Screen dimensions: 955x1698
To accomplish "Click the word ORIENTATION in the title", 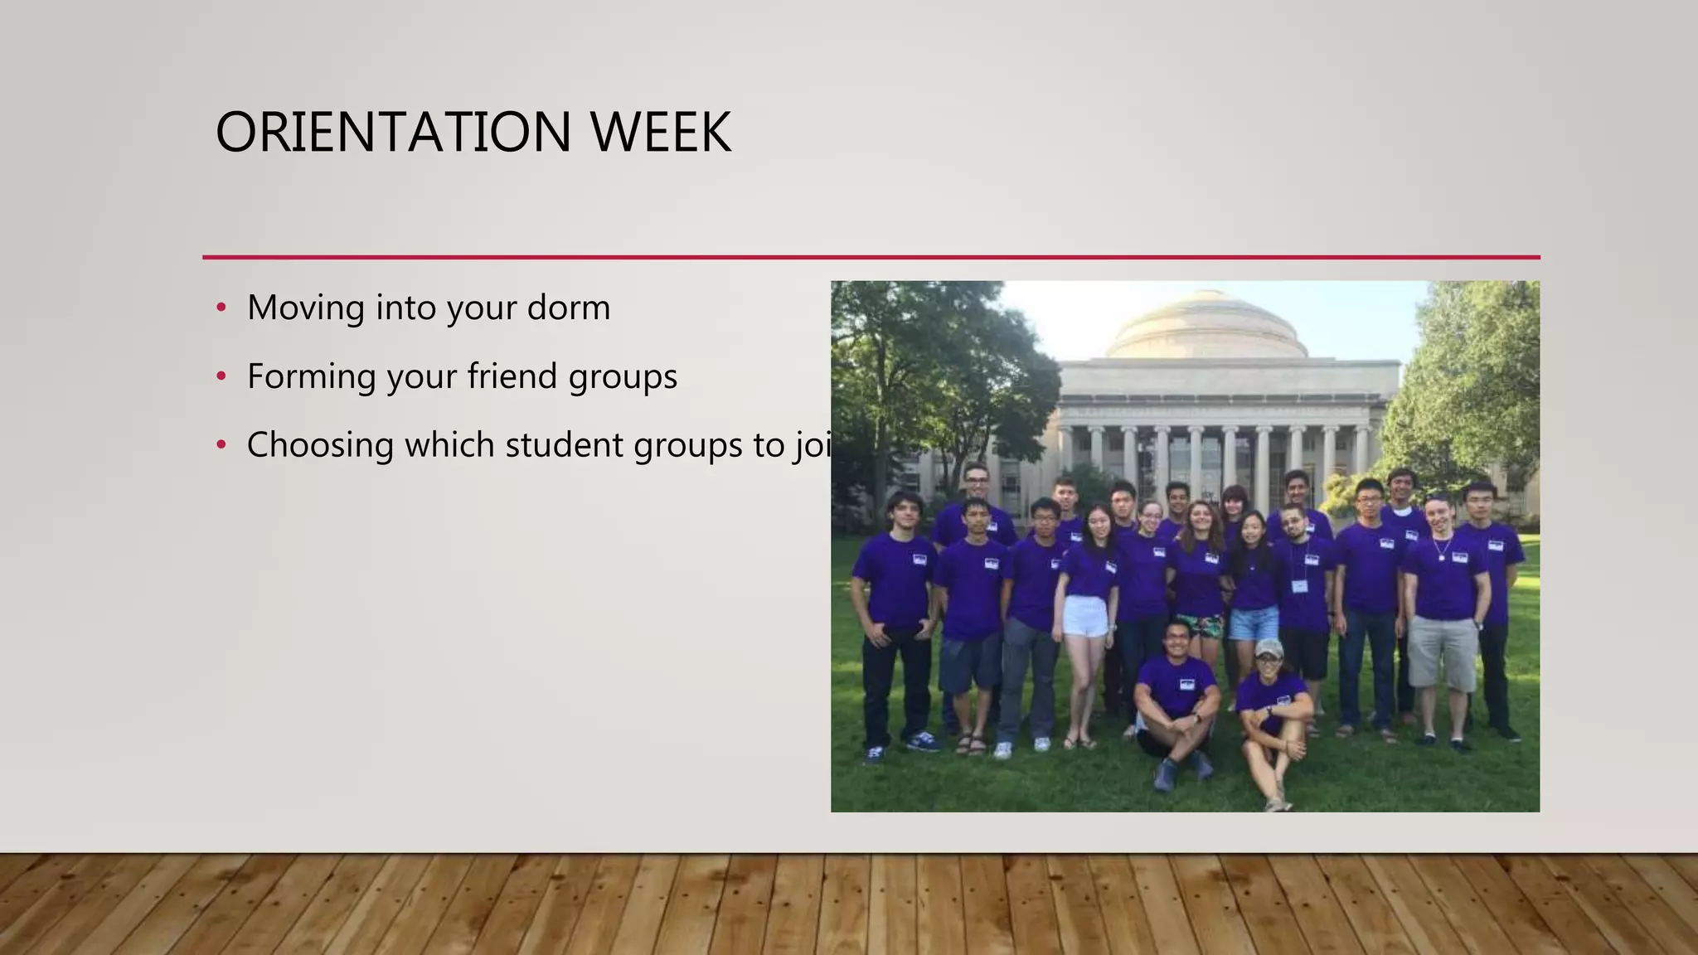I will [393, 133].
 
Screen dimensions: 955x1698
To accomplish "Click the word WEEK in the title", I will [660, 133].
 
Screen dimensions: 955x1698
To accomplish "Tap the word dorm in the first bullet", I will [569, 308].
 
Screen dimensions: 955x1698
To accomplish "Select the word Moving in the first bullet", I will [306, 308].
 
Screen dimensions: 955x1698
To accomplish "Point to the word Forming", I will [312, 377].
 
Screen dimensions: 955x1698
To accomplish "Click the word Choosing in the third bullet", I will [320, 446].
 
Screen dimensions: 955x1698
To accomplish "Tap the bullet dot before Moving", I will [221, 308].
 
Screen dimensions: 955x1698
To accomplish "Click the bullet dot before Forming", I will [221, 377].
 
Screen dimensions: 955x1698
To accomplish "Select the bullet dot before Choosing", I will [221, 446].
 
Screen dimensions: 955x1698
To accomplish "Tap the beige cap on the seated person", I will [1268, 647].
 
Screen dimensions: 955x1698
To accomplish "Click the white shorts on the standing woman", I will [1085, 616].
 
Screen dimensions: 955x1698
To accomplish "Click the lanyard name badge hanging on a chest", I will [1299, 586].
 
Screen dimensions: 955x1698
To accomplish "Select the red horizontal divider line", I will [871, 257].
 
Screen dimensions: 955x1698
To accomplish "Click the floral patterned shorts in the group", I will [1199, 626].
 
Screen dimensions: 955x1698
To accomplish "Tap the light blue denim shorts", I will [1254, 623].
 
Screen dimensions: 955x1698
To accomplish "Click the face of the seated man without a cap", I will [1176, 639].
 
